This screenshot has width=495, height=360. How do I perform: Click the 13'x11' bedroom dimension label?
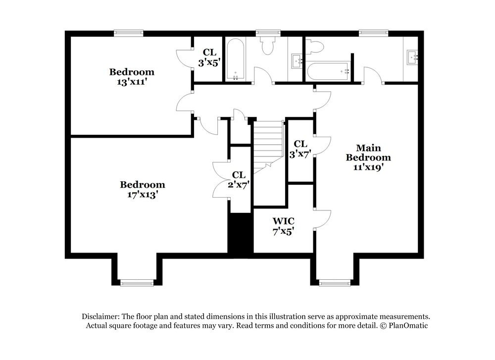[131, 82]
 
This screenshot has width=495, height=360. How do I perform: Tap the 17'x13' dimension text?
[142, 195]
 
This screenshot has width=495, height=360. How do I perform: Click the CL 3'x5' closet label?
[209, 56]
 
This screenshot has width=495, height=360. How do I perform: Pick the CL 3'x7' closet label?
[300, 149]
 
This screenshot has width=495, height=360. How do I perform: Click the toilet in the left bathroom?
[268, 46]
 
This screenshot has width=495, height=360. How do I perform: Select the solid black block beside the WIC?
[240, 234]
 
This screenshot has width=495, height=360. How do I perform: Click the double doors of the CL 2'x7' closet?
[221, 179]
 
